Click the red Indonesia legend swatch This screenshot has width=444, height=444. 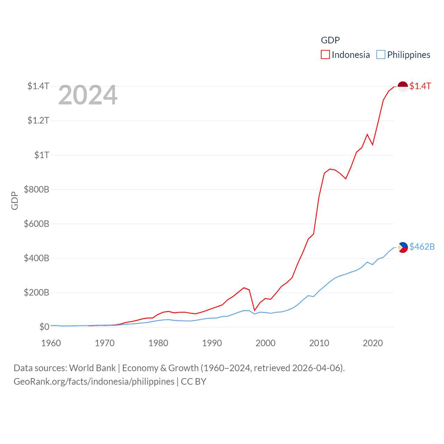325,55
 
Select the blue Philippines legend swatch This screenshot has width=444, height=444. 381,55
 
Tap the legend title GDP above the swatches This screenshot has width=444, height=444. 330,40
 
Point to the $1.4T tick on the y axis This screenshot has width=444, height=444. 38,86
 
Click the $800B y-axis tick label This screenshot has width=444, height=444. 36,189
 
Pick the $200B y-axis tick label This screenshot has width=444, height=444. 36,292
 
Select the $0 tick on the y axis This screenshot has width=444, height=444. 44,327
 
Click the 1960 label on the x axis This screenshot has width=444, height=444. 51,343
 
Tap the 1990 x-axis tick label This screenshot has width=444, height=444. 212,343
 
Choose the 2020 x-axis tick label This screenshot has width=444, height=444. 373,343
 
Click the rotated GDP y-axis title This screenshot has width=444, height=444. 15,200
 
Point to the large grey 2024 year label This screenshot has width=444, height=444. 88,95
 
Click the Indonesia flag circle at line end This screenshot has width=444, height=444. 403,86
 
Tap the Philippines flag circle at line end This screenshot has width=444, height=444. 403,247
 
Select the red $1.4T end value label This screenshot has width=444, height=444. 420,86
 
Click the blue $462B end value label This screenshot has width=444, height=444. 422,247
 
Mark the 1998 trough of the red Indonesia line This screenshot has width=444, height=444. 255,310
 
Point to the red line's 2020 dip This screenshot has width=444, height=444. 373,145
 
